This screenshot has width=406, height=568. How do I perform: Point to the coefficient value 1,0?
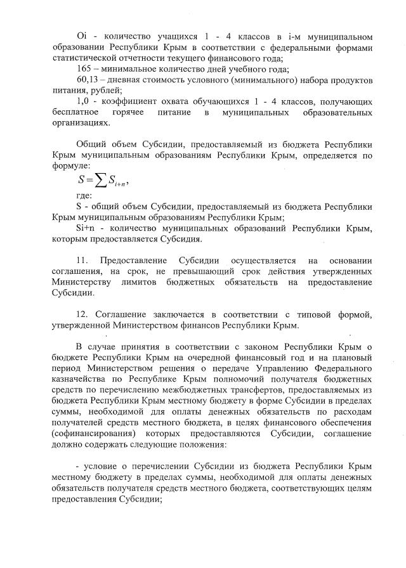click(82, 101)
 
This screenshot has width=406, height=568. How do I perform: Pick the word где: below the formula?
click(83, 196)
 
